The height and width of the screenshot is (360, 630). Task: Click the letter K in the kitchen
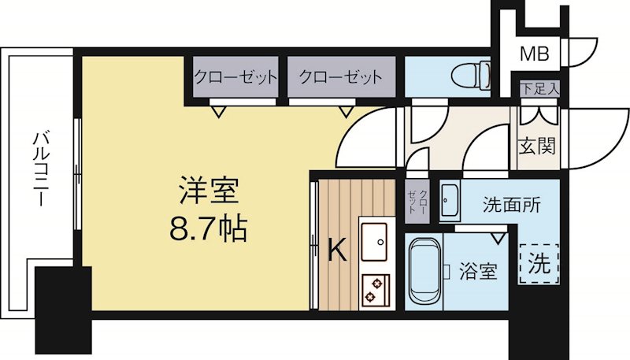click(336, 251)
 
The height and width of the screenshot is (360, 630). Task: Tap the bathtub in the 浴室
click(425, 272)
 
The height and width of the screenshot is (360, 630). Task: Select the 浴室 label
click(478, 273)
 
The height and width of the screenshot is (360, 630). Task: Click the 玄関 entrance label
click(538, 146)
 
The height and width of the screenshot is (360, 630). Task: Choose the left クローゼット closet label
click(235, 78)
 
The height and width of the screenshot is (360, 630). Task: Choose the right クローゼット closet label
click(340, 78)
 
